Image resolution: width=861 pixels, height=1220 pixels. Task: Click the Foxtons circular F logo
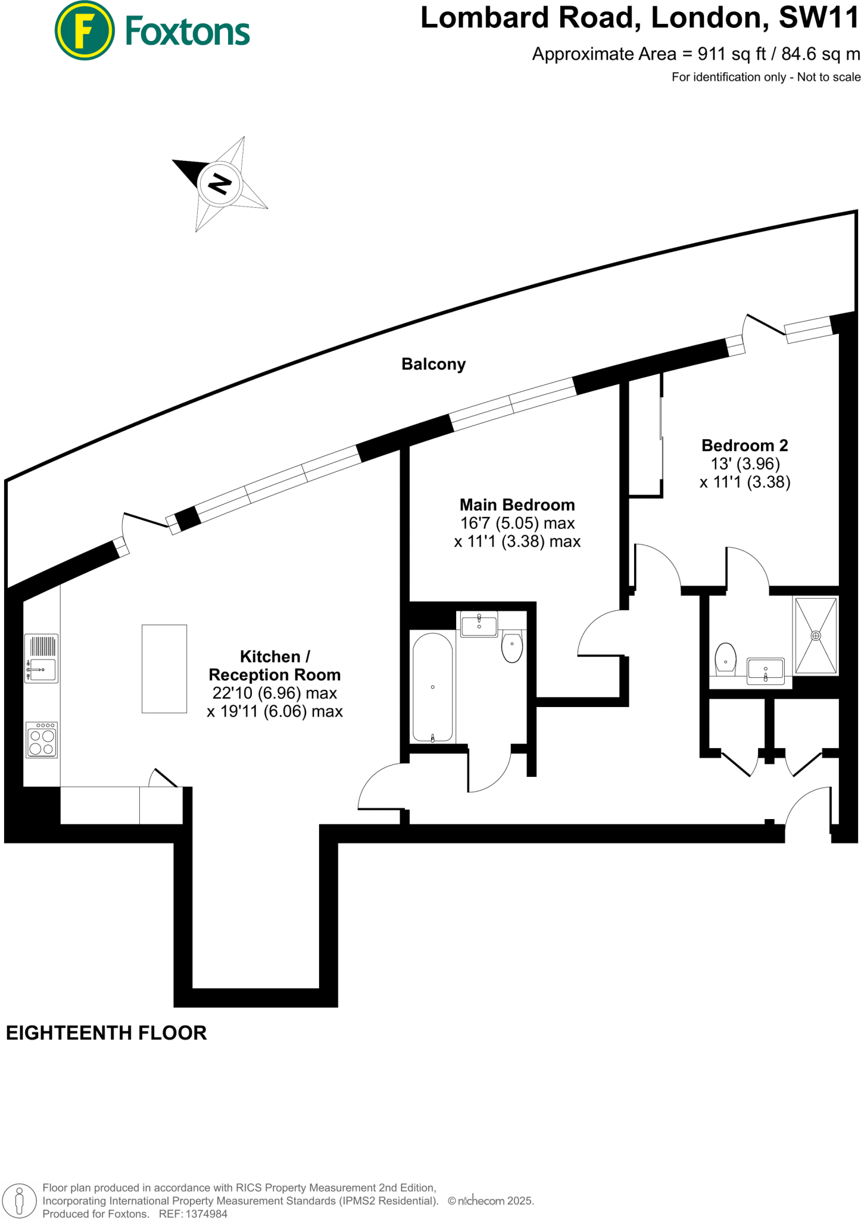point(85,30)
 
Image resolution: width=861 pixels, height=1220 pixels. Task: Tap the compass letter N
point(219,184)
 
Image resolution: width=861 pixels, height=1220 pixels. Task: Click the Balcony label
point(433,364)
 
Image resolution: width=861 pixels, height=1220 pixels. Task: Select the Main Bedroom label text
point(517,505)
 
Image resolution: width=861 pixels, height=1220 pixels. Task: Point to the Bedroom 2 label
point(744,445)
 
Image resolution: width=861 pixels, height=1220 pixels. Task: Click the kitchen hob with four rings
point(42,740)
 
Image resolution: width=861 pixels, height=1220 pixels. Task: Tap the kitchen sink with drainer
point(41,658)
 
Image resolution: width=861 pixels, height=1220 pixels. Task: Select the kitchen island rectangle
point(164,668)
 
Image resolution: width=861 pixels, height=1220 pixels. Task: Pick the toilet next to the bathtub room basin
point(512,647)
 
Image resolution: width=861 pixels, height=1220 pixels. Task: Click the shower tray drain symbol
point(816,636)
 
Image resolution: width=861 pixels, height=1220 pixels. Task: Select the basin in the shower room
point(766,671)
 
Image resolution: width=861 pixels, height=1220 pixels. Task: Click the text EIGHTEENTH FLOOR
point(106,1032)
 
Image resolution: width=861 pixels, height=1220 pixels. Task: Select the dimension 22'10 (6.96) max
point(274,693)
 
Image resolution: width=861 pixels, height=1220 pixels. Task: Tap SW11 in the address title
point(819,18)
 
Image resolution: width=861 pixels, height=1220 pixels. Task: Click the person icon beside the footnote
point(19,1200)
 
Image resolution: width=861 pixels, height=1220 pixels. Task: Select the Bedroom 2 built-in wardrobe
point(645,435)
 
